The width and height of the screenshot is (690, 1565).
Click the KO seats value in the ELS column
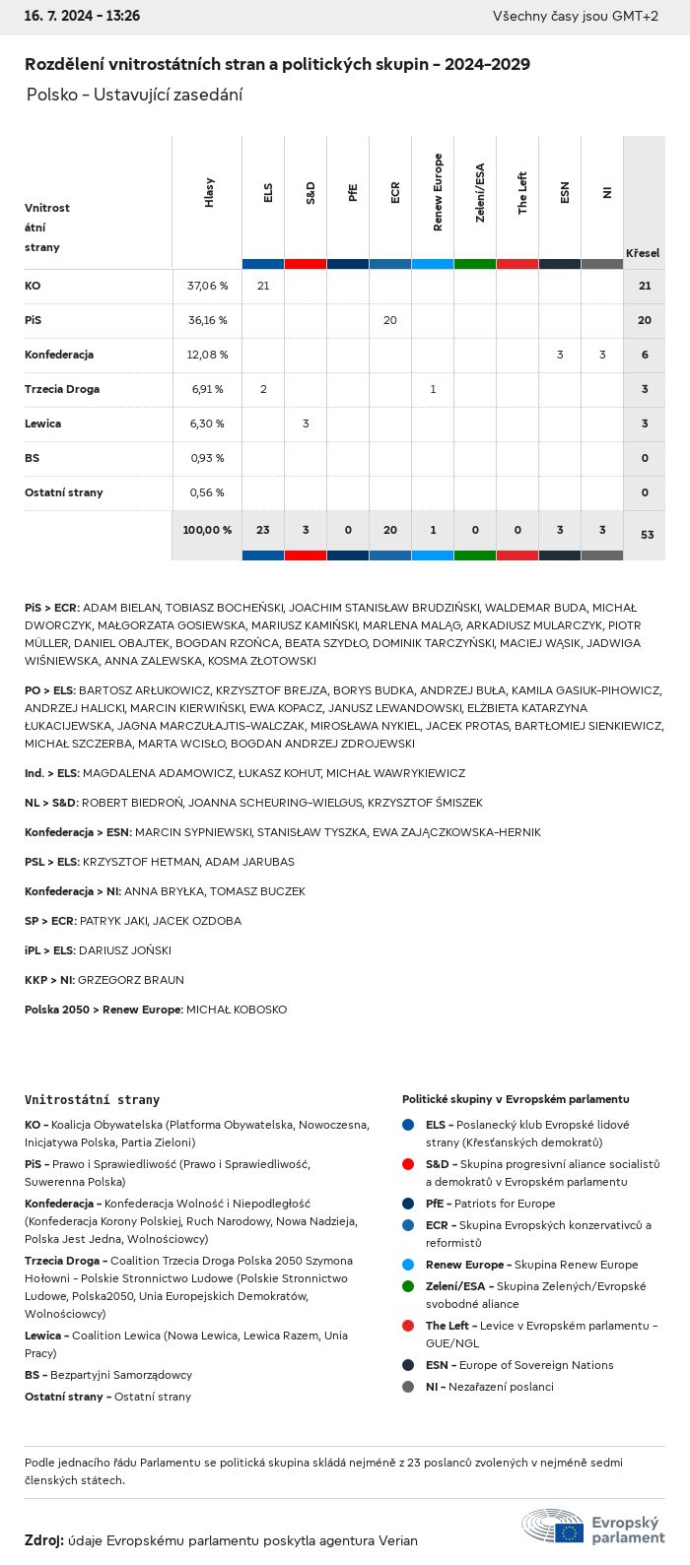[263, 286]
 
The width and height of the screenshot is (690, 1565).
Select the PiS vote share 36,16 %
[207, 320]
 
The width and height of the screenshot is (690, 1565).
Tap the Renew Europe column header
[438, 193]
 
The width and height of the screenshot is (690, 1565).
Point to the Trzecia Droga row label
[62, 389]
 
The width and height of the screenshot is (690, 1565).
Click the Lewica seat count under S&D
[306, 424]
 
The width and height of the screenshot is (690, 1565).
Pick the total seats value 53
[647, 535]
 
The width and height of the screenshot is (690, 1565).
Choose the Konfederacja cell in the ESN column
[560, 355]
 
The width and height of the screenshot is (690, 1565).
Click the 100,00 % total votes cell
[207, 530]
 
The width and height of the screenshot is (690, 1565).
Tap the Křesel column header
[643, 253]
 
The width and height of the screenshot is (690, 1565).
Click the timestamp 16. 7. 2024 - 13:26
[82, 16]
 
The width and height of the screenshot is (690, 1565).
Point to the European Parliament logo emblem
[553, 1527]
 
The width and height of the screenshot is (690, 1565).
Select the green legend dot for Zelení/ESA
[408, 1286]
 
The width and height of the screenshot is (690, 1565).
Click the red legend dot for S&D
[408, 1164]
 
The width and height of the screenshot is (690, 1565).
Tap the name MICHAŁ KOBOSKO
[237, 1010]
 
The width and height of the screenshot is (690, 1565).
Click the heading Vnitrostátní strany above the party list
[92, 1099]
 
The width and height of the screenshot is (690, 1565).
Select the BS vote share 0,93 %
[207, 458]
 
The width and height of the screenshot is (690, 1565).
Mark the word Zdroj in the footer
[43, 1540]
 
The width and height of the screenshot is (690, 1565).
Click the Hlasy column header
[209, 193]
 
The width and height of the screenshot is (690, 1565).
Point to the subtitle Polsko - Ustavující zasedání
[134, 95]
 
